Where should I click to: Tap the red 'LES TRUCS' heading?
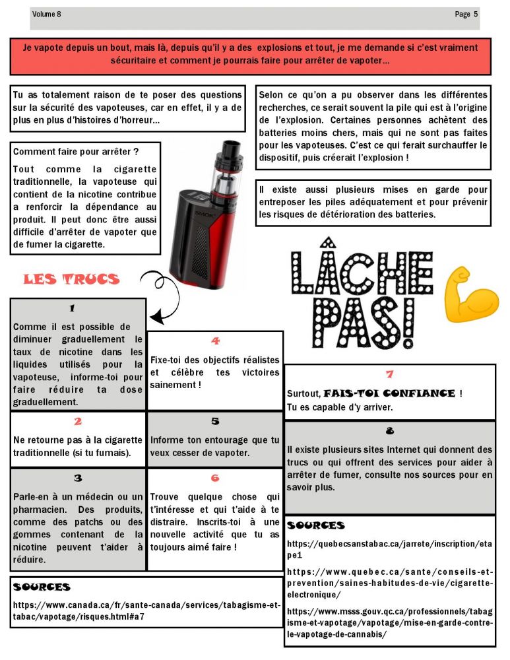71,279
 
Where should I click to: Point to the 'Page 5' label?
466,14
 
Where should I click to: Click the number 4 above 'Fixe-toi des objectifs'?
215,341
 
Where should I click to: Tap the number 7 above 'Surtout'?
389,374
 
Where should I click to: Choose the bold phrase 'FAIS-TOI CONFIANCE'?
389,393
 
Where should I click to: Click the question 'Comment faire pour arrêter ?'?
76,151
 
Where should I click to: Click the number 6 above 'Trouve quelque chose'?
215,478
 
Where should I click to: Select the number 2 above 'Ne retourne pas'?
78,421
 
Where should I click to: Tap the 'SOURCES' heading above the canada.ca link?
42,587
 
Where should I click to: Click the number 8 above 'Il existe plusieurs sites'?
389,431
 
